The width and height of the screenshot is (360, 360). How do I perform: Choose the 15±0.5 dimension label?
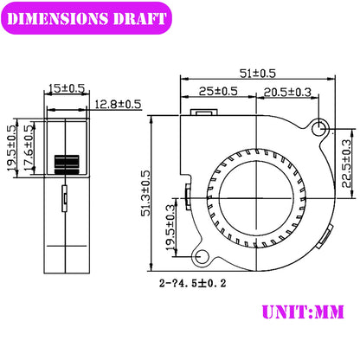coord(67,87)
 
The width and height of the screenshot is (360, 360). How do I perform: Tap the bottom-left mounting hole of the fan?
coord(203,257)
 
